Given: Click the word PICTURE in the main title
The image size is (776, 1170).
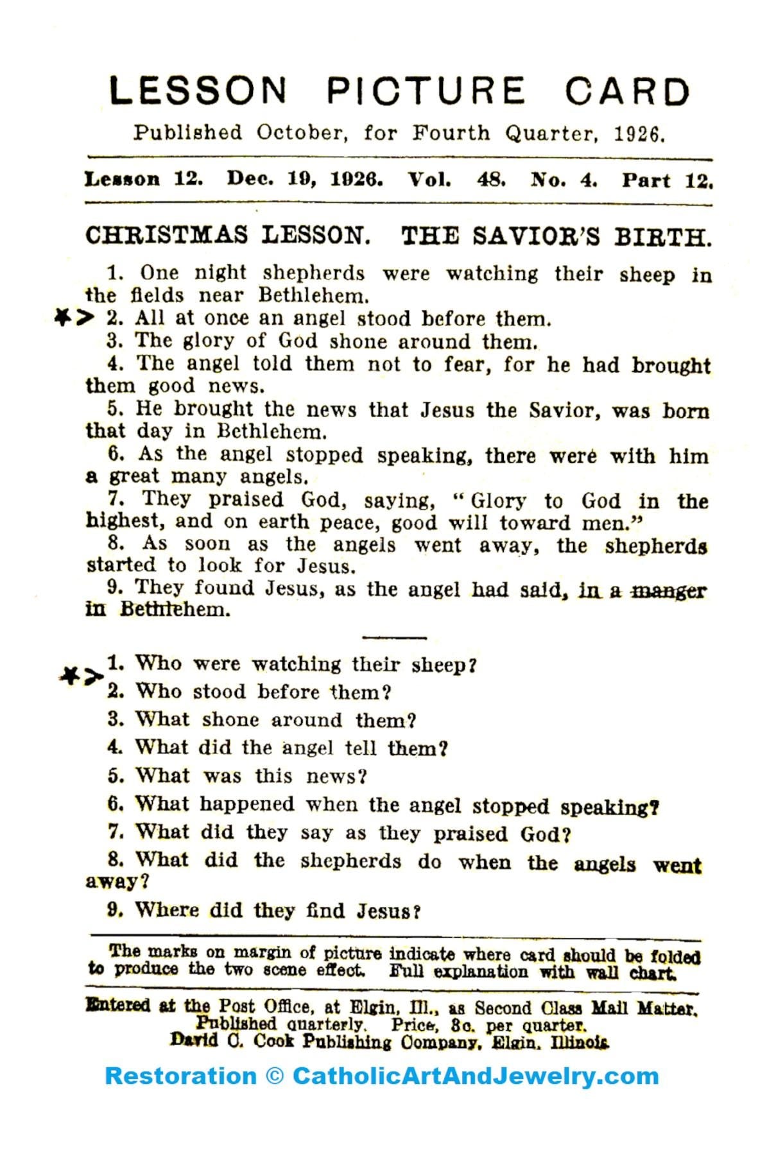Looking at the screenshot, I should [x=426, y=90].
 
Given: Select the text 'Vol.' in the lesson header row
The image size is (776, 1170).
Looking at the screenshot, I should [x=429, y=180].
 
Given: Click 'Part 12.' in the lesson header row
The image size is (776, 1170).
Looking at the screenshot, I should [x=667, y=180].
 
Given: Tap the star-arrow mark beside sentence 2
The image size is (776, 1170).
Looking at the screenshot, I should [x=74, y=317].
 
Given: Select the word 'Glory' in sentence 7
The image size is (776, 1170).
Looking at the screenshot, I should [x=498, y=501].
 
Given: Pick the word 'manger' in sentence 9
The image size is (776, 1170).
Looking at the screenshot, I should [x=668, y=590].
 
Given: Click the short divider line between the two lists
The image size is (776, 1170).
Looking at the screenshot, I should [x=393, y=637].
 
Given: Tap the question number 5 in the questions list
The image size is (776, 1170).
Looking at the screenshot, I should [x=115, y=775].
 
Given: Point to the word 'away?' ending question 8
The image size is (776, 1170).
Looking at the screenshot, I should [x=117, y=881].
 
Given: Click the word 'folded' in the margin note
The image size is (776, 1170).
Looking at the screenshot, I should [x=675, y=956].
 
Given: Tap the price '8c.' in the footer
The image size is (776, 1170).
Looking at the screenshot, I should [x=461, y=1024].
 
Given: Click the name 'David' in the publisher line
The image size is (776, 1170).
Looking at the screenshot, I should [x=193, y=1040].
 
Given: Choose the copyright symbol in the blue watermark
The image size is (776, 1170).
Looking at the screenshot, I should [x=274, y=1076].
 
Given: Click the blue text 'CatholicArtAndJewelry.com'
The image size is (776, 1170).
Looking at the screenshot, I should [x=476, y=1076].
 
